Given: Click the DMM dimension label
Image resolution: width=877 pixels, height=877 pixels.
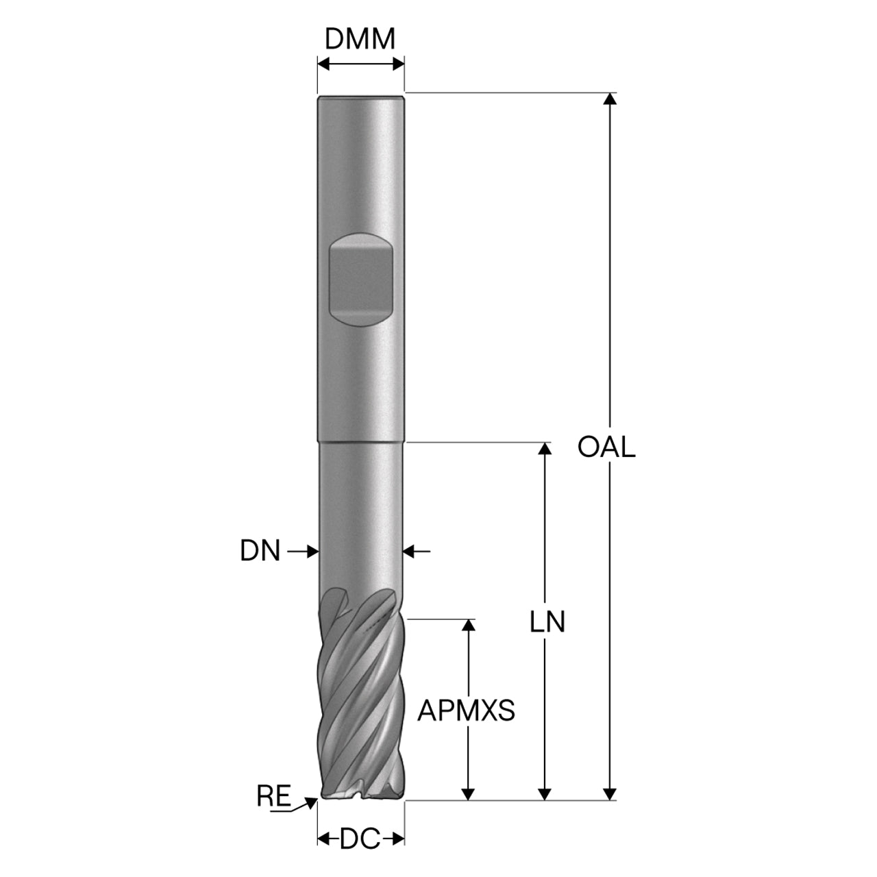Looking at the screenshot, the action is click(360, 39).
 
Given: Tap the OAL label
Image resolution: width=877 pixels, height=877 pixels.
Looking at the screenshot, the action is click(606, 447).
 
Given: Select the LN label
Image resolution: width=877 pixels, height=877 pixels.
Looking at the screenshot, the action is click(547, 621).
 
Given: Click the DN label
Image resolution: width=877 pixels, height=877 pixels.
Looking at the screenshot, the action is click(260, 551).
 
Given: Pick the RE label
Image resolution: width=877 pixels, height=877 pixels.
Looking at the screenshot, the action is click(273, 796).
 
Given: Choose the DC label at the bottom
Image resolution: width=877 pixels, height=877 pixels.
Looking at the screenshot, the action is click(360, 839).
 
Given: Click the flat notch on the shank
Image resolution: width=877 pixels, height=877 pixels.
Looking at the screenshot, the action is click(360, 280).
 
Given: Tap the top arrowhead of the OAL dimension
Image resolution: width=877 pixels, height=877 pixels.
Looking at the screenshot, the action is click(610, 99).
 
